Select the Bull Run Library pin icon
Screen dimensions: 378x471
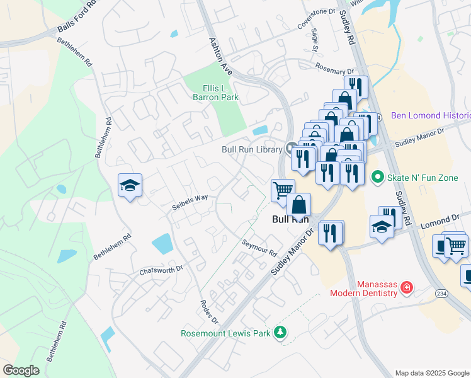pos(290,149)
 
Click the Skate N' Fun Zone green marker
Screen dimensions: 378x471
pos(377,178)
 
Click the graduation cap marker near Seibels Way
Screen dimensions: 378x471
pos(130,185)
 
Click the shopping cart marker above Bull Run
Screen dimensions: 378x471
pos(283,189)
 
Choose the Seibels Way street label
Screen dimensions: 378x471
pos(190,200)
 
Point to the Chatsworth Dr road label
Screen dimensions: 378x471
pos(161,269)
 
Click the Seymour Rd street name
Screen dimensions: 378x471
pos(259,248)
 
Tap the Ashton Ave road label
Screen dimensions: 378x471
pos(220,55)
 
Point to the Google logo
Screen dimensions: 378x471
pos(21,370)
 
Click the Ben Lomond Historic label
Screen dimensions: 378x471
pos(431,115)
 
